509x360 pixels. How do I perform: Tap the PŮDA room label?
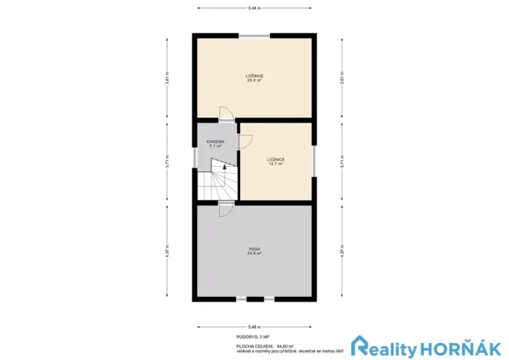coord(254,250)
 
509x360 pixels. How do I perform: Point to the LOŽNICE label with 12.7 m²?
coord(276,161)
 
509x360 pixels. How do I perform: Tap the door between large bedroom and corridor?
coord(225,115)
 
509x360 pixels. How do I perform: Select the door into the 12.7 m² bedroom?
coord(245,141)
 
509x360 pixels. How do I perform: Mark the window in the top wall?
coord(254,35)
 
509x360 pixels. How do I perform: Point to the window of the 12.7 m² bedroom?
coord(314,161)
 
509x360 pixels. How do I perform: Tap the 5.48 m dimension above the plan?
coord(254,8)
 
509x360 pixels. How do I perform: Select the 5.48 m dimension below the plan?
coord(254,325)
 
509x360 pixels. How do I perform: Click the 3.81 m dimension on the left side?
coord(167,78)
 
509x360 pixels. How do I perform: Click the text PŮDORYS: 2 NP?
coord(253,337)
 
